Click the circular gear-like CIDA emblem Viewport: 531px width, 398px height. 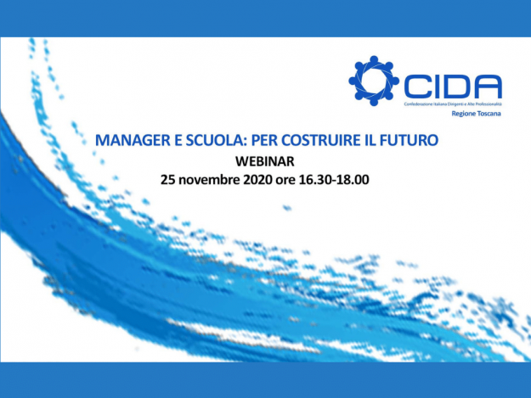(374, 82)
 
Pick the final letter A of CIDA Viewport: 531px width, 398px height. (488, 84)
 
